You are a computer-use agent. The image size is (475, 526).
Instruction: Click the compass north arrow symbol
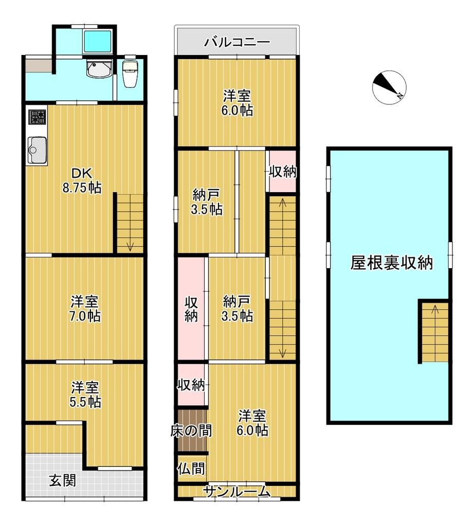pos(389,87)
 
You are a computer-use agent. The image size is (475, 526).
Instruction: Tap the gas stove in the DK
pos(37,118)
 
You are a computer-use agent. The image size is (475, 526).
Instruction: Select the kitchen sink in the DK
pos(37,149)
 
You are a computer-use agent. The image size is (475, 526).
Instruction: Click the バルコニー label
pos(236,42)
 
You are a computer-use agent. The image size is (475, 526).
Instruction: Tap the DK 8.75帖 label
pos(82,180)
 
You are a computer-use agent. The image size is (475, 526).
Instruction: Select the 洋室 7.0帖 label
pos(85,309)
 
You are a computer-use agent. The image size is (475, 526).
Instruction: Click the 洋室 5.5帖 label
pos(85,394)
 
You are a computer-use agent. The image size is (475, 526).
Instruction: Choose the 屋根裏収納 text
pos(391,263)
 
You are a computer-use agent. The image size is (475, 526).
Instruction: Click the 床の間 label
pos(191,430)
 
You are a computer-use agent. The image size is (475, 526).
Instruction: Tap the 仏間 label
pos(191,468)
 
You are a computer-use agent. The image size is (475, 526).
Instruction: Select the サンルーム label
pos(236,492)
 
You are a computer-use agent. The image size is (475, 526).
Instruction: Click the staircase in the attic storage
pos(434,331)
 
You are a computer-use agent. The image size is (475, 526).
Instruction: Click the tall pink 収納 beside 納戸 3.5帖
pos(191,308)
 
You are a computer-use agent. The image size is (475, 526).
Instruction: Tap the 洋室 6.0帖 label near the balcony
pos(237,103)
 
